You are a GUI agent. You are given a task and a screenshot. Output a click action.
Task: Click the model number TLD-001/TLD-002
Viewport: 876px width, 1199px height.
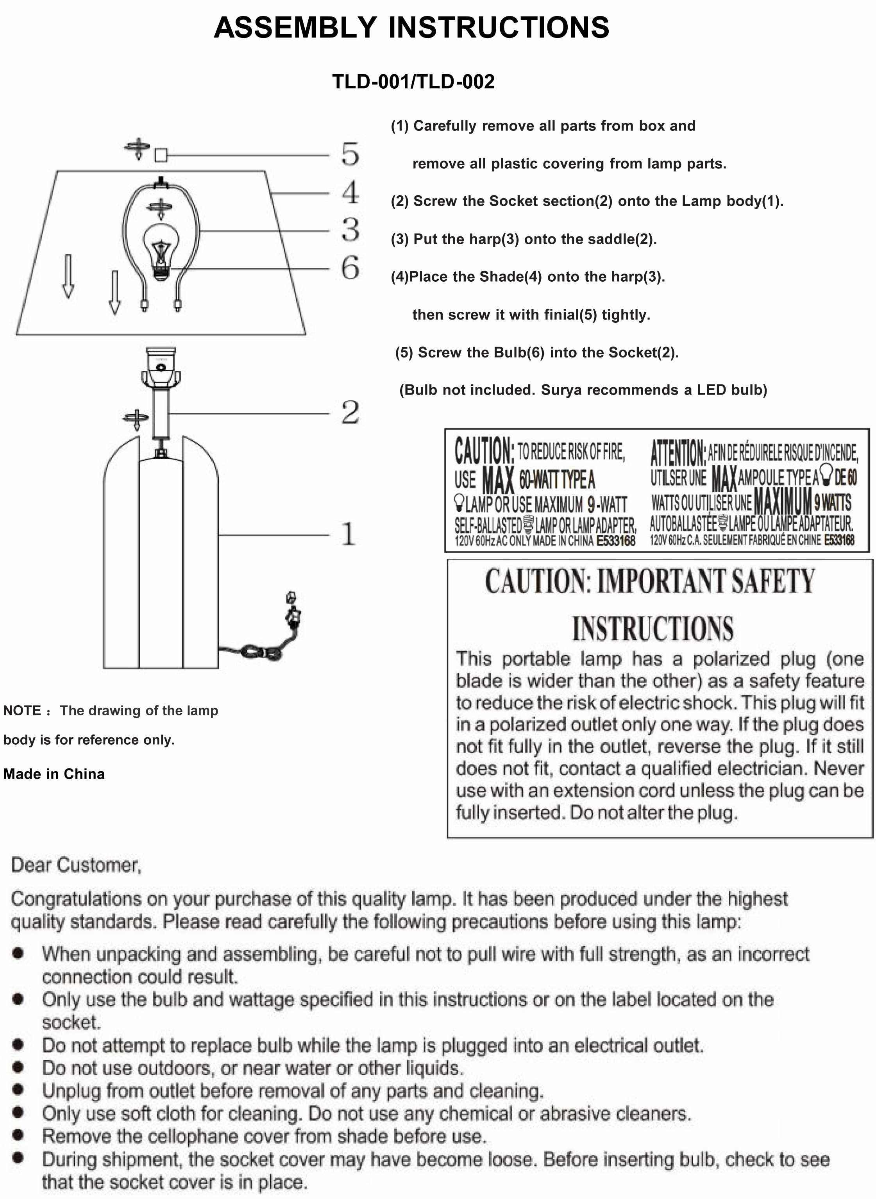tap(413, 82)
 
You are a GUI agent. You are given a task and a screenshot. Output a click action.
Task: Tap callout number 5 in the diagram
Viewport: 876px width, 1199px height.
tap(350, 154)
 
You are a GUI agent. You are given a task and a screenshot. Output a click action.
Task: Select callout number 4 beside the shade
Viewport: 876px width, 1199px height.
tap(350, 192)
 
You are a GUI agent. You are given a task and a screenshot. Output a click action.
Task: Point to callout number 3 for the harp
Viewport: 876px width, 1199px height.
tap(350, 229)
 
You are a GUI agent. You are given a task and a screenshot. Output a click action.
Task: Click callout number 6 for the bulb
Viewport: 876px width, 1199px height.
tap(350, 268)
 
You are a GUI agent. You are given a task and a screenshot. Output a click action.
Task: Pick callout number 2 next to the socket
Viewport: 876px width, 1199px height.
tap(350, 413)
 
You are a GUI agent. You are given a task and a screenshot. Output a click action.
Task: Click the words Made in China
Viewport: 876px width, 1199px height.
tap(54, 774)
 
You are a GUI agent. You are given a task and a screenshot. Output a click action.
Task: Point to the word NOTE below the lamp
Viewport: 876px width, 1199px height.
tap(22, 710)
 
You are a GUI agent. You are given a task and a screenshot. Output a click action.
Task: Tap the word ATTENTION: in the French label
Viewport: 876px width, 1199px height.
tap(678, 452)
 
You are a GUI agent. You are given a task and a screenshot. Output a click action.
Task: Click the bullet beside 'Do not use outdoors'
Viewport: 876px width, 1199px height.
tap(18, 1067)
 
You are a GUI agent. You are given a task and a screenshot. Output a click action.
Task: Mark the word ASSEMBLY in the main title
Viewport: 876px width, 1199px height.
tap(295, 28)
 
